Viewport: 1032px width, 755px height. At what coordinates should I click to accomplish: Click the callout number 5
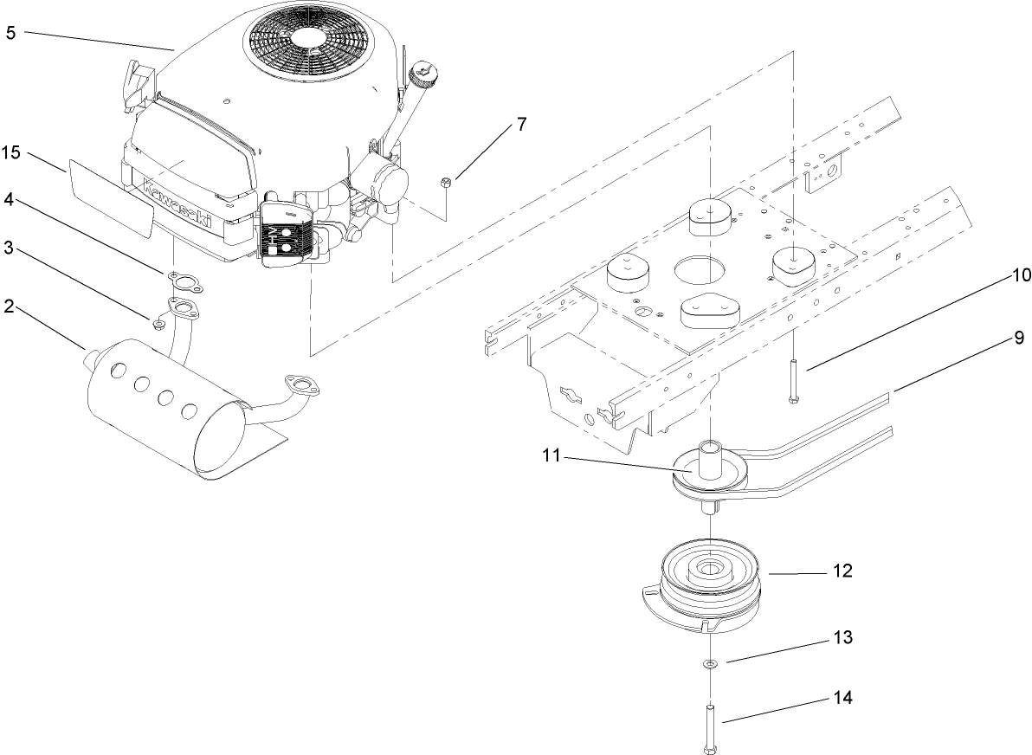[10, 33]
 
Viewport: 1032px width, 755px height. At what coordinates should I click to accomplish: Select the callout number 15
[10, 152]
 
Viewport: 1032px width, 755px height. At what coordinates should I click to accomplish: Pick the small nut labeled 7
[443, 182]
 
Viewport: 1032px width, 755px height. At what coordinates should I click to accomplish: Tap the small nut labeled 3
[158, 324]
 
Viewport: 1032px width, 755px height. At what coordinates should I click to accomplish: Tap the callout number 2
[10, 308]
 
